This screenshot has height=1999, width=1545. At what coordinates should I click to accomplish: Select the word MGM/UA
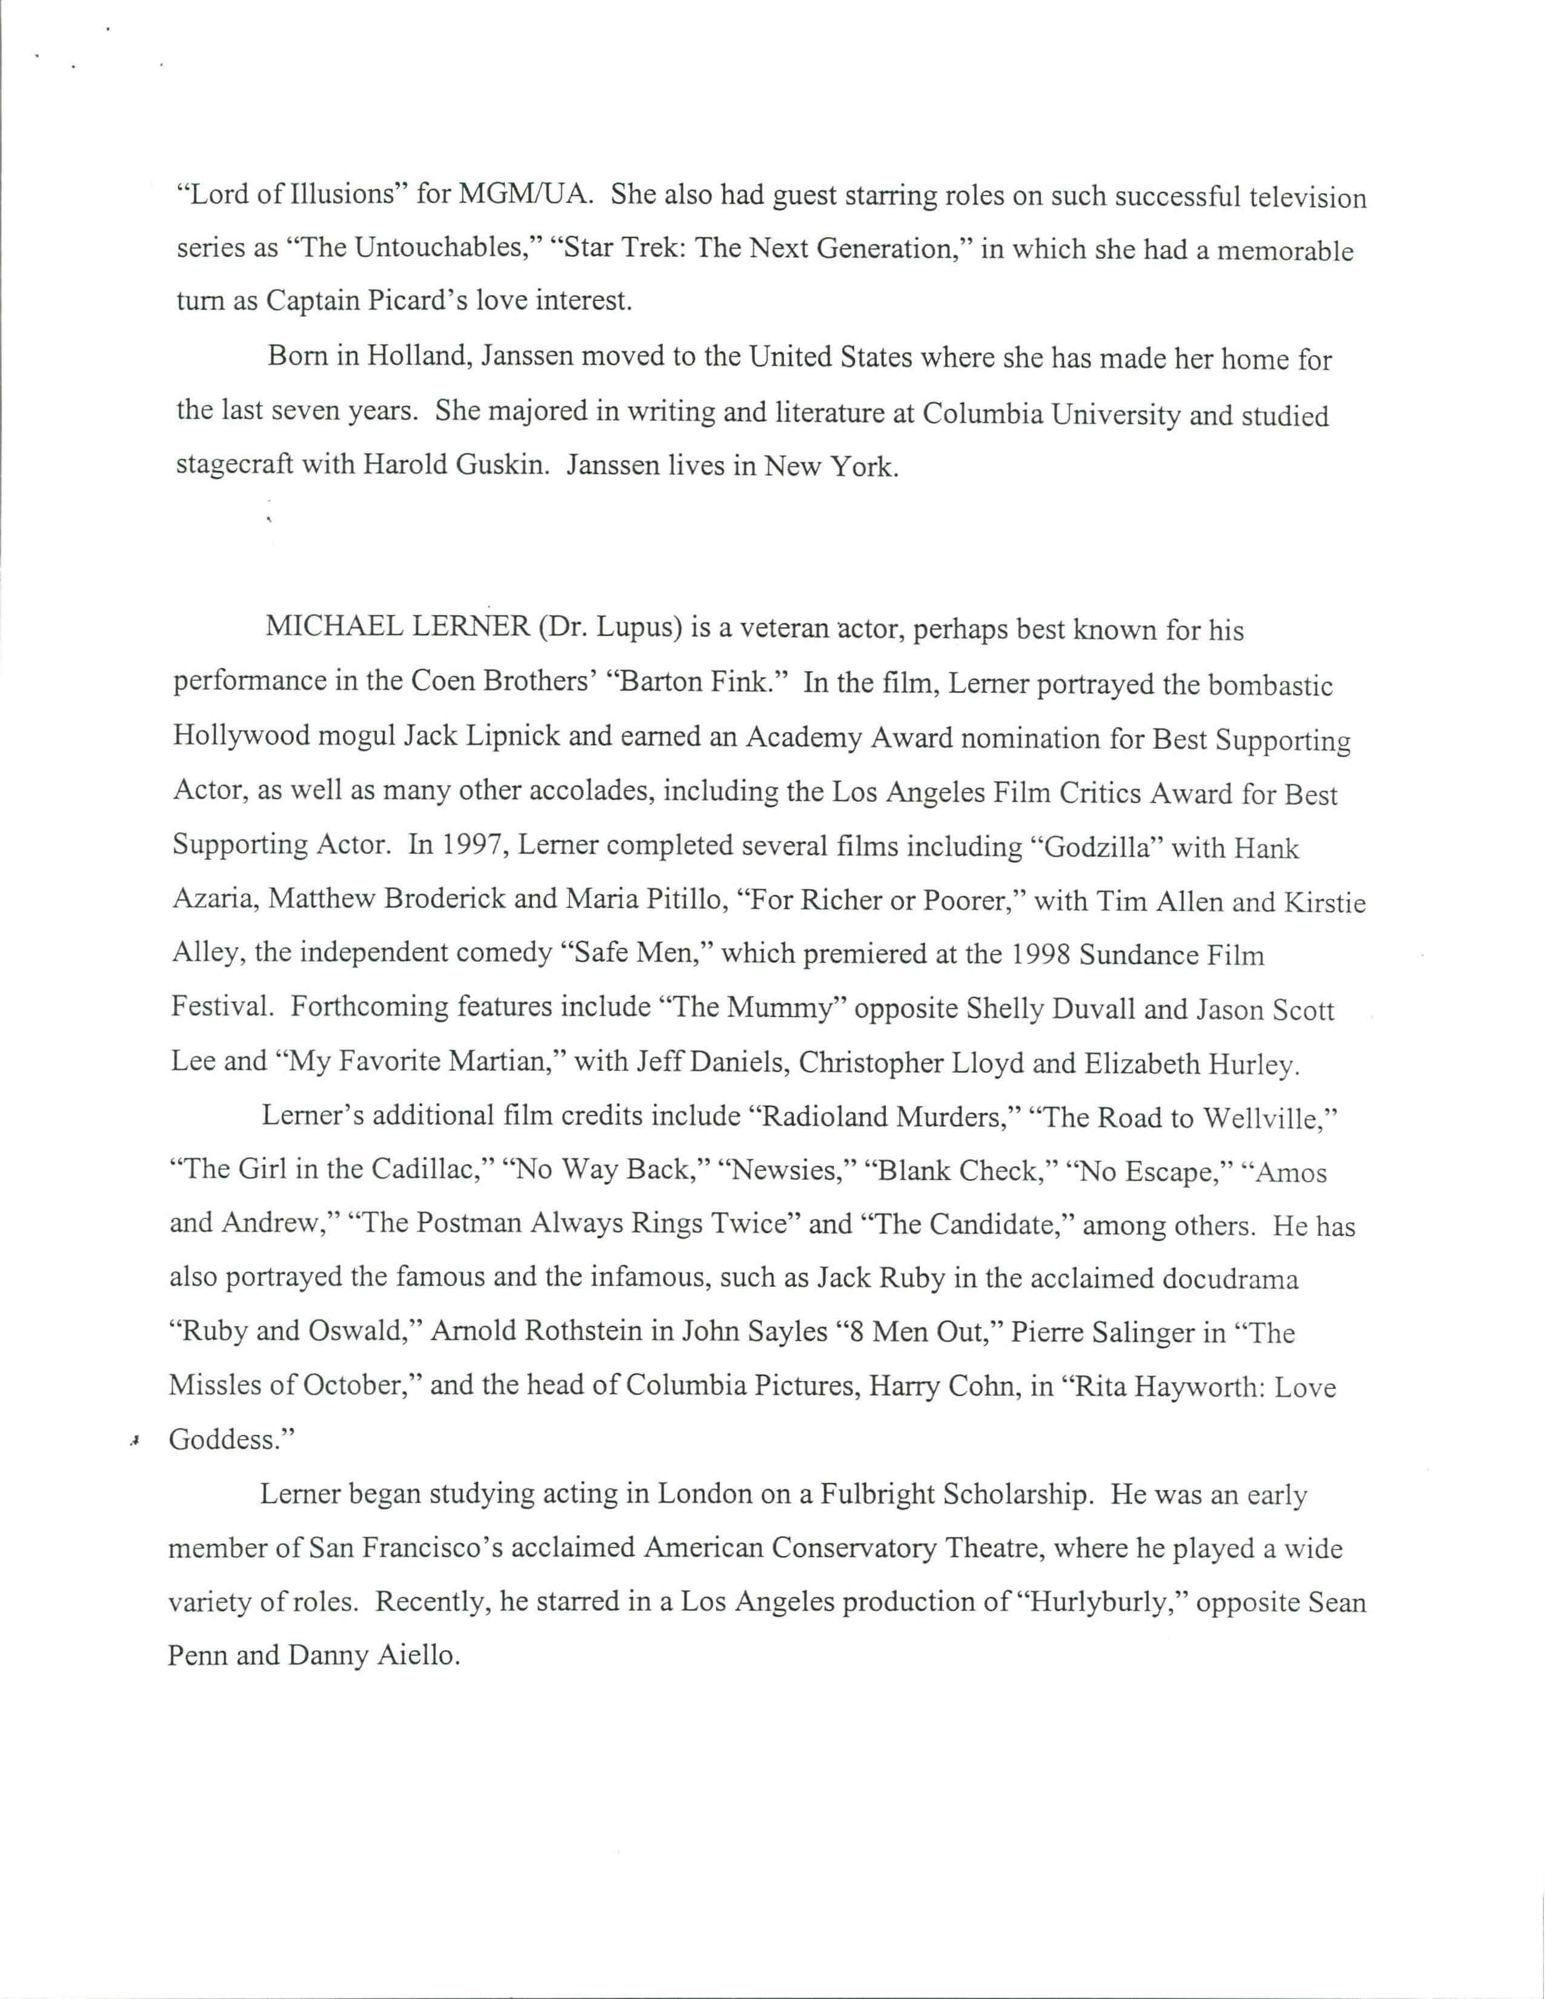point(523,195)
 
